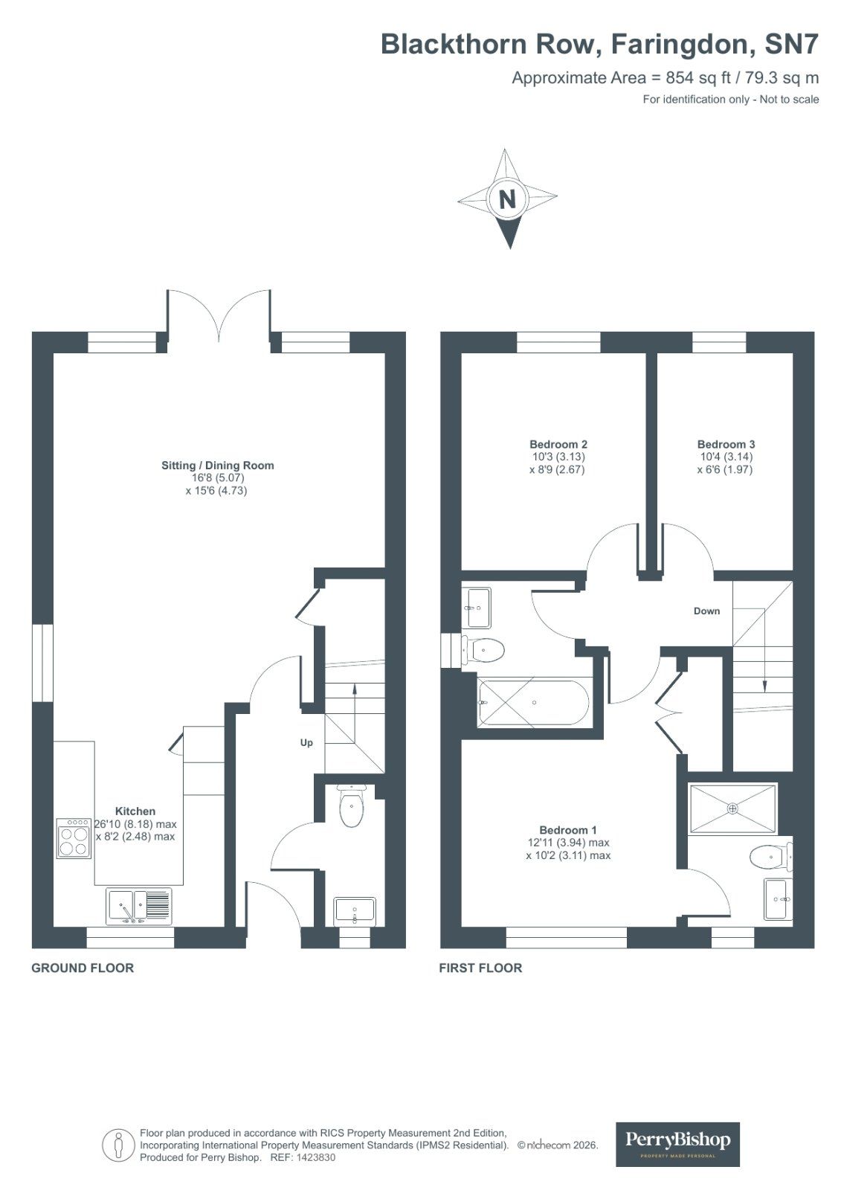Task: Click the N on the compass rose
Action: tap(507, 199)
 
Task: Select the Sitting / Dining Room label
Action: tap(218, 466)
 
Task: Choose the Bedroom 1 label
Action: tap(568, 829)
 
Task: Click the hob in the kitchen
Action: tap(74, 838)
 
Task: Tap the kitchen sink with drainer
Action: tap(139, 906)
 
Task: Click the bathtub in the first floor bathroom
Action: tap(533, 702)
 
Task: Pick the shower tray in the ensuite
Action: tap(733, 808)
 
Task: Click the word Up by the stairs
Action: tap(306, 742)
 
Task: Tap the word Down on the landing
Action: tap(706, 611)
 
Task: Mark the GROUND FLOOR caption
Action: tap(83, 968)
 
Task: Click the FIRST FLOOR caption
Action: tap(480, 968)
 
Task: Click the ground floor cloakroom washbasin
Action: tap(355, 911)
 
